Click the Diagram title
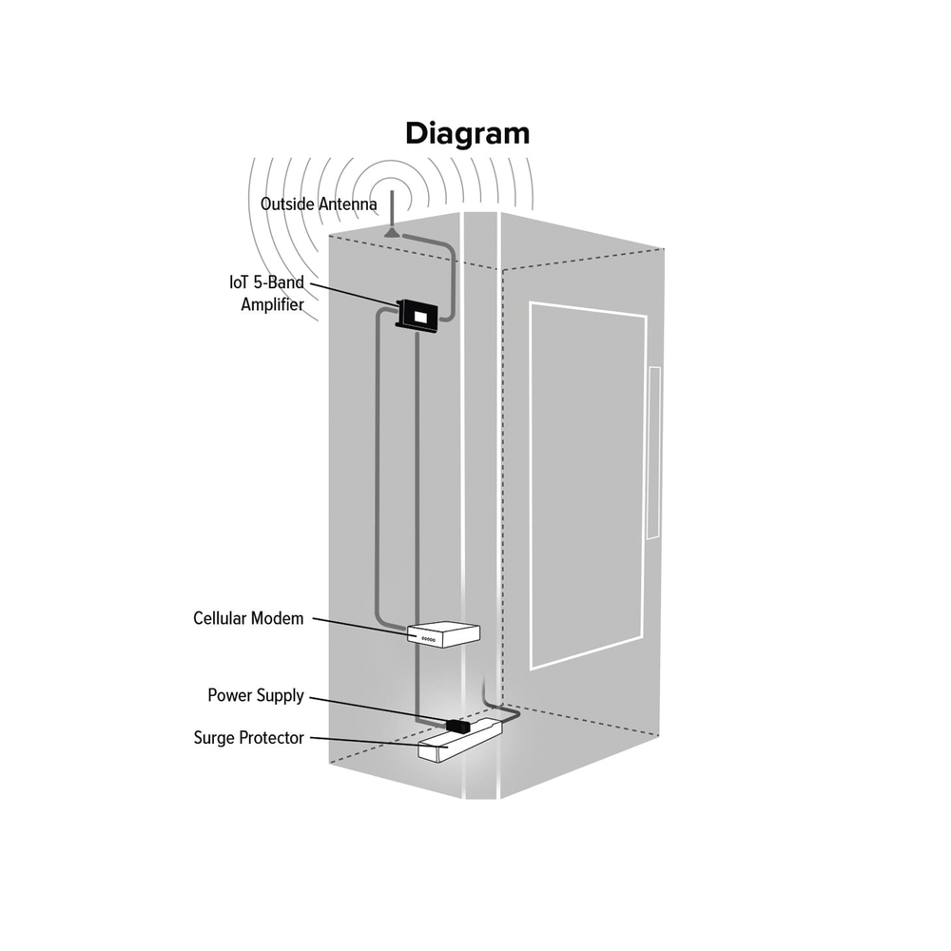[x=467, y=133]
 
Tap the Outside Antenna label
[x=319, y=204]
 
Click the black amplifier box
[x=417, y=314]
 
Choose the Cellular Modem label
[x=248, y=618]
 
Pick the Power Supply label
[x=256, y=696]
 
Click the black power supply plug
[x=455, y=726]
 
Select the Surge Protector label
[x=249, y=737]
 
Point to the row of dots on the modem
[x=428, y=639]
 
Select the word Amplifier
[x=272, y=305]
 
